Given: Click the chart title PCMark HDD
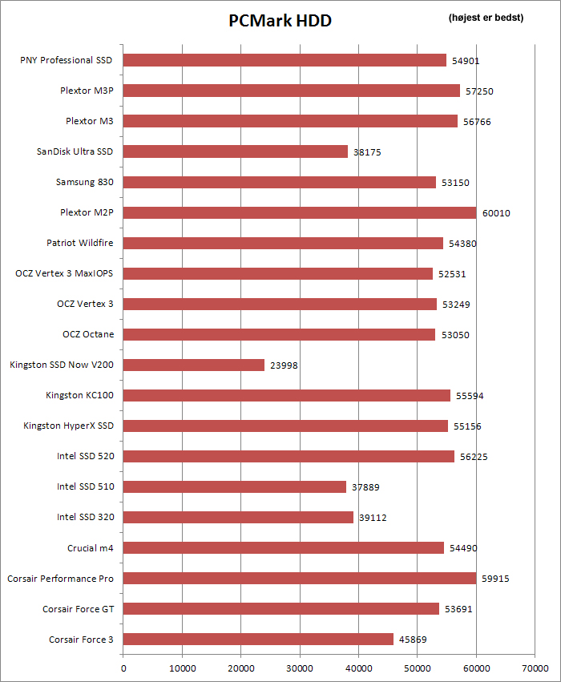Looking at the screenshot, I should click(x=280, y=21).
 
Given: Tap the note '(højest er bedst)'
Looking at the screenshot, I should click(x=486, y=18).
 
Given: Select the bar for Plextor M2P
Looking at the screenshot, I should click(x=300, y=212).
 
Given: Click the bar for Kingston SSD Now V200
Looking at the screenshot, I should click(x=194, y=365).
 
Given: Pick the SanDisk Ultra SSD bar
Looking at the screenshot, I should click(x=236, y=151).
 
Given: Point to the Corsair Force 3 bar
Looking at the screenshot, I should click(x=258, y=639).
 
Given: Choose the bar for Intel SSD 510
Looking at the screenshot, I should click(x=235, y=486).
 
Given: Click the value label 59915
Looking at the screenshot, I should click(x=494, y=579).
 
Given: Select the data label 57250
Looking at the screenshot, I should click(x=478, y=91).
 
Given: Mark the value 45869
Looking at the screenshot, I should click(x=412, y=640).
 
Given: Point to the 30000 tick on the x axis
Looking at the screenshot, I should click(x=300, y=667).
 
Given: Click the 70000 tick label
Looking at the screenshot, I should click(x=535, y=667).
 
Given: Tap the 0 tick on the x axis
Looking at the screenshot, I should click(x=123, y=667).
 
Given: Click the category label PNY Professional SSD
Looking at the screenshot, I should click(x=67, y=60).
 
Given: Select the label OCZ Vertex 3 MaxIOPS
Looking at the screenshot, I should click(x=64, y=273).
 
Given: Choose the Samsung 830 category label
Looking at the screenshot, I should click(x=84, y=182).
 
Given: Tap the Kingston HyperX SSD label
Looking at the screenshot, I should click(x=69, y=426).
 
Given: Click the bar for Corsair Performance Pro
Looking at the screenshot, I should click(x=300, y=578).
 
